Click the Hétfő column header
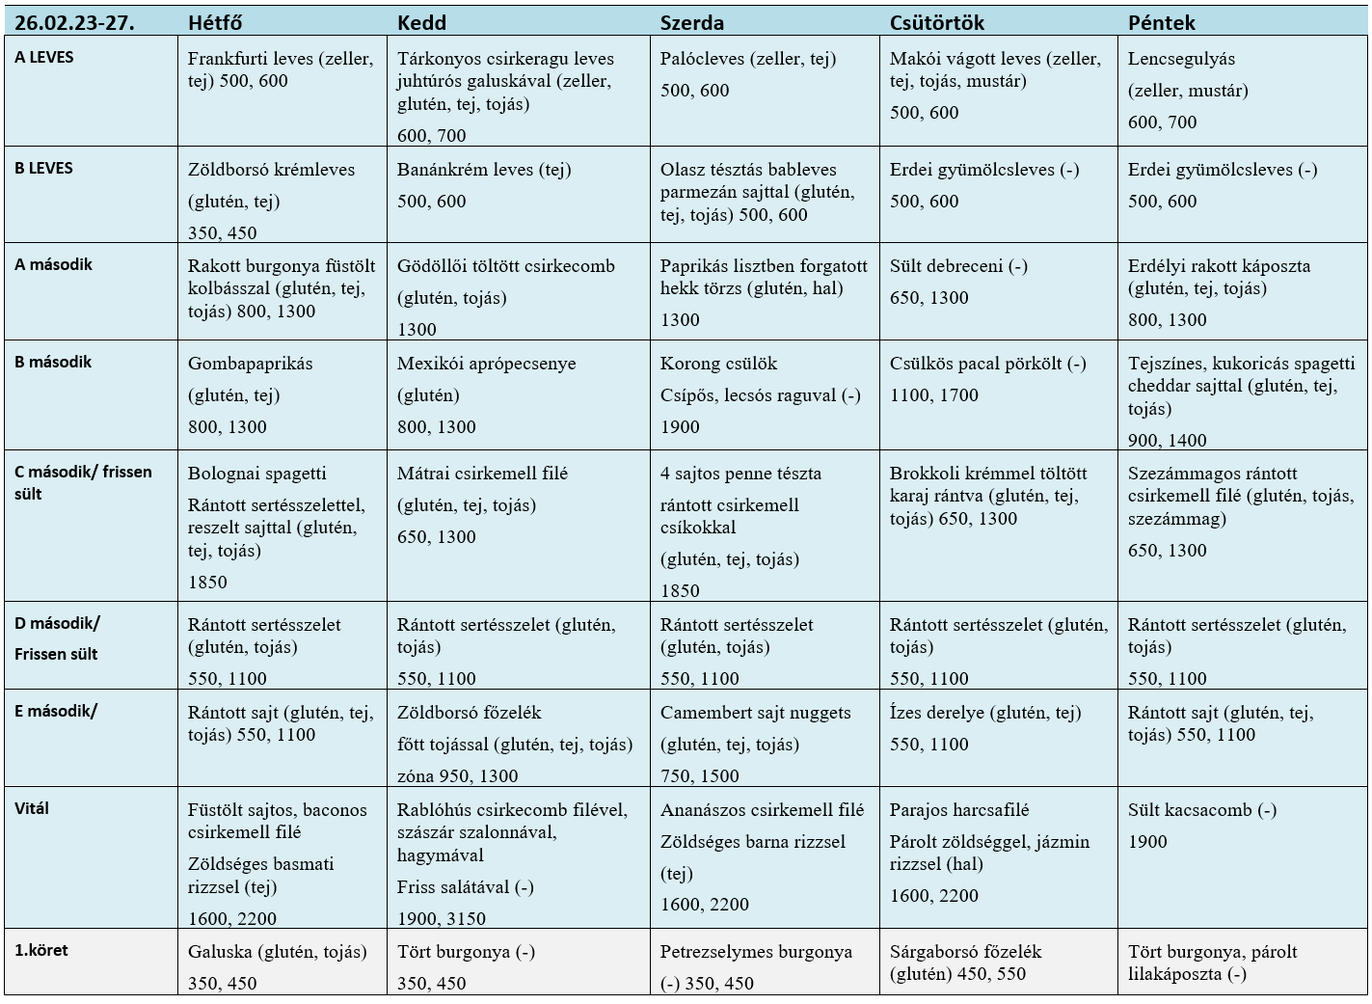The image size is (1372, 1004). click(214, 22)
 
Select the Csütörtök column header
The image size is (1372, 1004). click(936, 22)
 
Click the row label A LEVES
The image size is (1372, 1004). click(44, 57)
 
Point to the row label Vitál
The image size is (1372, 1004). click(32, 808)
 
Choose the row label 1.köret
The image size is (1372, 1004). click(41, 950)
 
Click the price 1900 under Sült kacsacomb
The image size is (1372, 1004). click(1147, 842)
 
